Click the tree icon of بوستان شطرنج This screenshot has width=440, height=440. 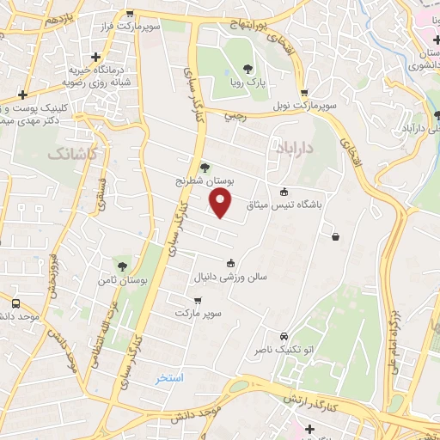tap(204, 167)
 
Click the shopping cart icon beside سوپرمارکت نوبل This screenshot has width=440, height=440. tap(304, 93)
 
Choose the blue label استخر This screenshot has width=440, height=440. tap(170, 377)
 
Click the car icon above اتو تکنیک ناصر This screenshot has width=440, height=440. tap(284, 336)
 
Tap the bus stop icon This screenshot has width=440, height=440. tap(15, 303)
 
